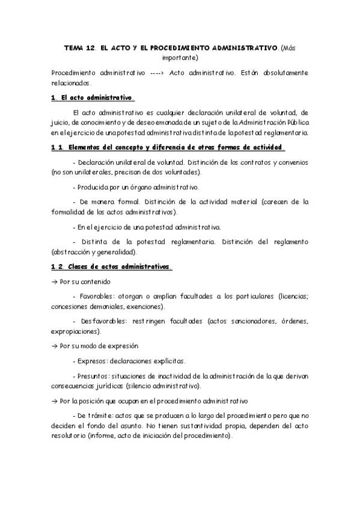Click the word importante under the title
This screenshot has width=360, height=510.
[x=180, y=58]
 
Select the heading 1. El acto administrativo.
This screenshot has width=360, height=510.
[x=93, y=97]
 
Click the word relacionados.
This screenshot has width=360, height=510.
[x=71, y=83]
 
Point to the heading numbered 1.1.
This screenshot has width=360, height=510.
[x=168, y=147]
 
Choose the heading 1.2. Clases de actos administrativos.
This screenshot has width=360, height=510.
[x=112, y=267]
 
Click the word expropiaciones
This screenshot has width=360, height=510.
[x=76, y=331]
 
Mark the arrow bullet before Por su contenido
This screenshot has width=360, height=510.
[x=55, y=281]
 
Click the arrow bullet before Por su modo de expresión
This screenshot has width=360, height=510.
[x=55, y=346]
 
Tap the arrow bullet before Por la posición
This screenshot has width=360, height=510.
[x=55, y=401]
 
